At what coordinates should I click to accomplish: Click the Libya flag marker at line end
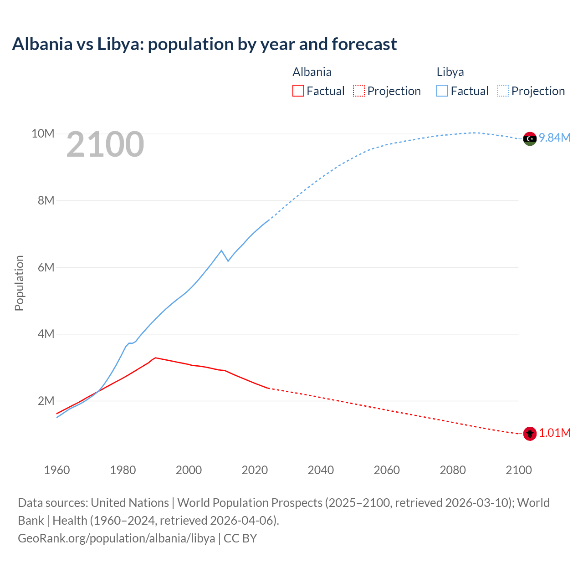[x=529, y=138]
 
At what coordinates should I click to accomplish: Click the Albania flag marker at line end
[x=529, y=434]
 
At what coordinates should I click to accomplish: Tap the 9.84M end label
[x=555, y=138]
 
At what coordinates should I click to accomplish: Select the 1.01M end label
[x=555, y=433]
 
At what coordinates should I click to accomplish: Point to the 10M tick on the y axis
[x=43, y=133]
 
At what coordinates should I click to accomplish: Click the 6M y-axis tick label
[x=46, y=267]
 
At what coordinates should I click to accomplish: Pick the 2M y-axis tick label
[x=46, y=401]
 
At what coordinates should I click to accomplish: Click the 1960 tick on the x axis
[x=57, y=470]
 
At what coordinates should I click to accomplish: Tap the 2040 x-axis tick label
[x=321, y=470]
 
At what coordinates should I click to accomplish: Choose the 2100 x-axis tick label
[x=518, y=470]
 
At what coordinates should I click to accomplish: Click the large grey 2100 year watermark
[x=105, y=145]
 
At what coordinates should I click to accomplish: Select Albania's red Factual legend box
[x=298, y=91]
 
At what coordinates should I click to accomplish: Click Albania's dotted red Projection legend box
[x=359, y=91]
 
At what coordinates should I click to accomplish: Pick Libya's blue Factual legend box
[x=442, y=91]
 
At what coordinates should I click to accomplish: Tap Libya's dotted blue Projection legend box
[x=503, y=91]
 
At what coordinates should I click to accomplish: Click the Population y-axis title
[x=19, y=283]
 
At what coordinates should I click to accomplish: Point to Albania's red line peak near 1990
[x=155, y=358]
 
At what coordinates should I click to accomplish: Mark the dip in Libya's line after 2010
[x=228, y=261]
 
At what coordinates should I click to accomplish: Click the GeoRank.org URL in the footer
[x=116, y=538]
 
